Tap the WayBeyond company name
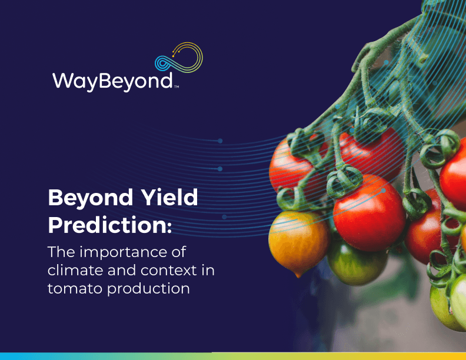tap(112, 81)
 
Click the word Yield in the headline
tap(169, 198)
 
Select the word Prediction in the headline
tap(107, 225)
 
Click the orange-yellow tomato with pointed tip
tap(299, 242)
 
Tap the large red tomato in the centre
tap(370, 213)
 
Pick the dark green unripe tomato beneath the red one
tap(356, 264)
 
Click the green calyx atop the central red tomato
tap(344, 181)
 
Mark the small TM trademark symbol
tap(177, 87)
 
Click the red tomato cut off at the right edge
tap(453, 178)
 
